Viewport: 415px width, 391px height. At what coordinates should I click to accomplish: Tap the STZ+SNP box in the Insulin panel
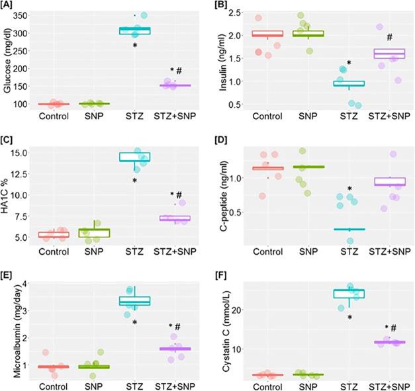point(389,54)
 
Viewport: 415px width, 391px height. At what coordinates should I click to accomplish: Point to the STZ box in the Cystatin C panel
point(348,293)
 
